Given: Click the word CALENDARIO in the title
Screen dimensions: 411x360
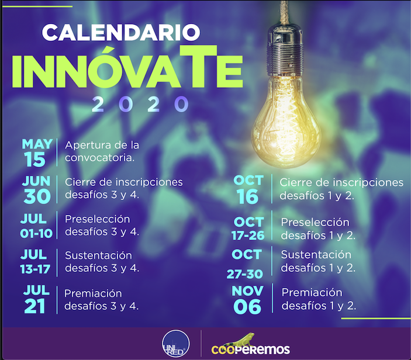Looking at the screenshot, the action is click(121, 33).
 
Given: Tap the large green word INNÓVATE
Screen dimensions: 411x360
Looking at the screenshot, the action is click(127, 68).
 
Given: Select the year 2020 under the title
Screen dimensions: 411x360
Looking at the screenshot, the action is click(140, 104).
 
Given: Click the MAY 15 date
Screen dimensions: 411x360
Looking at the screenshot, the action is click(37, 153).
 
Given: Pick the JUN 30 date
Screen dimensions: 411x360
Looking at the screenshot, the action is click(36, 189).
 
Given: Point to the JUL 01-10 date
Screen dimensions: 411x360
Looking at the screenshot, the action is click(36, 226).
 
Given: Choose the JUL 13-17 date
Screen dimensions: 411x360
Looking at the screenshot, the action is click(35, 262).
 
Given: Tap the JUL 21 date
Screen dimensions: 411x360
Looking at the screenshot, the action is click(36, 299).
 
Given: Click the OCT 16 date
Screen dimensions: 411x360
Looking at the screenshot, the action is click(248, 189).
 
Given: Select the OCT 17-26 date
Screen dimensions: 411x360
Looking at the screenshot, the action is click(248, 229).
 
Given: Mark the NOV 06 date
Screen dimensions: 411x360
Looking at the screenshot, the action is click(247, 299).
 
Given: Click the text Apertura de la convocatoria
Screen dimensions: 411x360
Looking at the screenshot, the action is click(102, 151).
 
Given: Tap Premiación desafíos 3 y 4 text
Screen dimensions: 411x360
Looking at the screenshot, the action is click(102, 299).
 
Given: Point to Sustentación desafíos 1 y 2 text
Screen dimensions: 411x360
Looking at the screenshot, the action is click(318, 261).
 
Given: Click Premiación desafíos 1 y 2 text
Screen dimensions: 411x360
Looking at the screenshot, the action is click(319, 299).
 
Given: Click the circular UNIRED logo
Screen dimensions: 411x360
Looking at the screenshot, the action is click(176, 344).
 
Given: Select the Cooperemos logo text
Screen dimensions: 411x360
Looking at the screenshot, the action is click(251, 349).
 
